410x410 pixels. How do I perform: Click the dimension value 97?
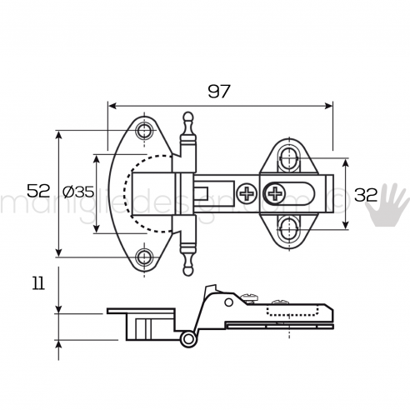click(x=219, y=91)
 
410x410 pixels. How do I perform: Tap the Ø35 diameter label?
click(x=78, y=192)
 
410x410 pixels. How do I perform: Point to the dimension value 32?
click(x=367, y=195)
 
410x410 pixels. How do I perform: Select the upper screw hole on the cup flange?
click(x=146, y=131)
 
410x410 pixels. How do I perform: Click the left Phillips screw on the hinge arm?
click(x=247, y=195)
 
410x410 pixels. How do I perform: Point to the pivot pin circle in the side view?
click(x=189, y=340)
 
